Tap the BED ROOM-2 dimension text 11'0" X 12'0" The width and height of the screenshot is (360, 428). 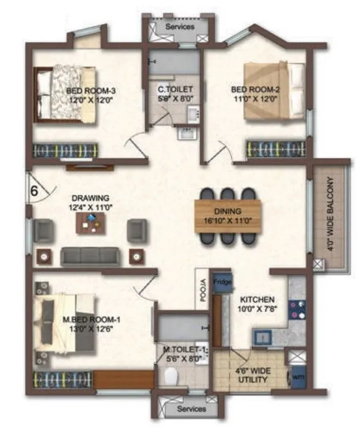pos(255,99)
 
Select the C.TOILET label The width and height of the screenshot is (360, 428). pos(171,90)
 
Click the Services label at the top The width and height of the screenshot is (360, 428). pos(180,27)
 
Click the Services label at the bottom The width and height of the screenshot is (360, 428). pos(191,409)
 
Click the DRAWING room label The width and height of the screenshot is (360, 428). pos(90,197)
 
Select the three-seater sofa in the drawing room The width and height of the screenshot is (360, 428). pos(90,256)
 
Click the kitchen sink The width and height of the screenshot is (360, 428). pos(262,338)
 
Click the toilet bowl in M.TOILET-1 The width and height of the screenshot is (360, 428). pos(170,376)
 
